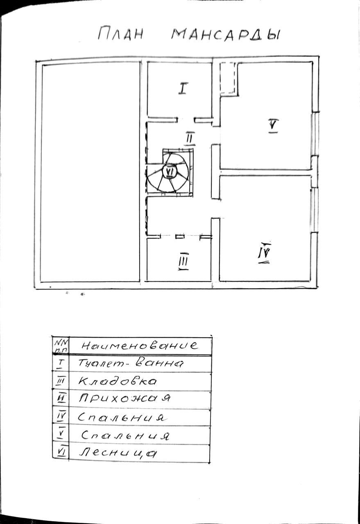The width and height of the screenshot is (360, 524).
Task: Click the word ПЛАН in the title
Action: (x=120, y=34)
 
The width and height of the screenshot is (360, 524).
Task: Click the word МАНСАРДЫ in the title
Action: (x=225, y=34)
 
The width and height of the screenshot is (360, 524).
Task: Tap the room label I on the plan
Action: (x=183, y=88)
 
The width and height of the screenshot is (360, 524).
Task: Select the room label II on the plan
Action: (x=189, y=138)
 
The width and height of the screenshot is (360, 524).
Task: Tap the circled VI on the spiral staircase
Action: (x=169, y=171)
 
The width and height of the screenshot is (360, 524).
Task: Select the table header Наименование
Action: (x=140, y=345)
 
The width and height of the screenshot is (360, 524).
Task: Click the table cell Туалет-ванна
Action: (x=131, y=363)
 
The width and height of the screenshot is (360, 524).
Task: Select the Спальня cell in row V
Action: (x=125, y=435)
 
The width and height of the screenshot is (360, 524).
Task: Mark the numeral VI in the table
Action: (x=61, y=452)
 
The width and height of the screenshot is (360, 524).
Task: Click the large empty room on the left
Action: (x=90, y=172)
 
